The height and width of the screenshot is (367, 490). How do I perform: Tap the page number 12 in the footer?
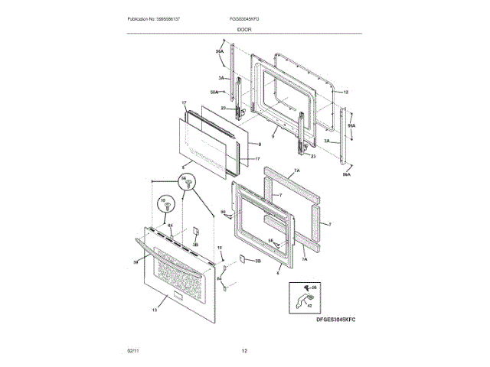pos(244,351)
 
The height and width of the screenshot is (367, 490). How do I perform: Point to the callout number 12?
pos(345,93)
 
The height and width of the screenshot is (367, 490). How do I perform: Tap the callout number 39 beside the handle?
pos(136,262)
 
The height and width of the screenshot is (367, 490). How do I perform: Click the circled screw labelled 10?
pos(163,204)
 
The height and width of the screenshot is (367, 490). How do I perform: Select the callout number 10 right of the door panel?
pos(219,248)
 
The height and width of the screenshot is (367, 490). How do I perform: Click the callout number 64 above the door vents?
pos(171,226)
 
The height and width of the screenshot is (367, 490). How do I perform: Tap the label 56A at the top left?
pos(219,51)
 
